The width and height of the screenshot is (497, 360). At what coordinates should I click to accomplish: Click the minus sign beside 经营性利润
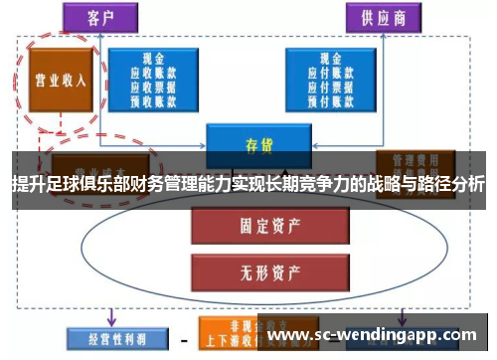coord(183,337)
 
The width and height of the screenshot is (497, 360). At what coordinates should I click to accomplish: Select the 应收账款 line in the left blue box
coord(153,73)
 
